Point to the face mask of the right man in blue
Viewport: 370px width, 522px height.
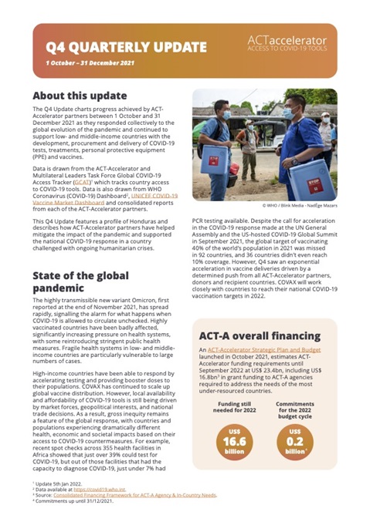[x=290, y=113]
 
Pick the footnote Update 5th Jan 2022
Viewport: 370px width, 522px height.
[x=58, y=493]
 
